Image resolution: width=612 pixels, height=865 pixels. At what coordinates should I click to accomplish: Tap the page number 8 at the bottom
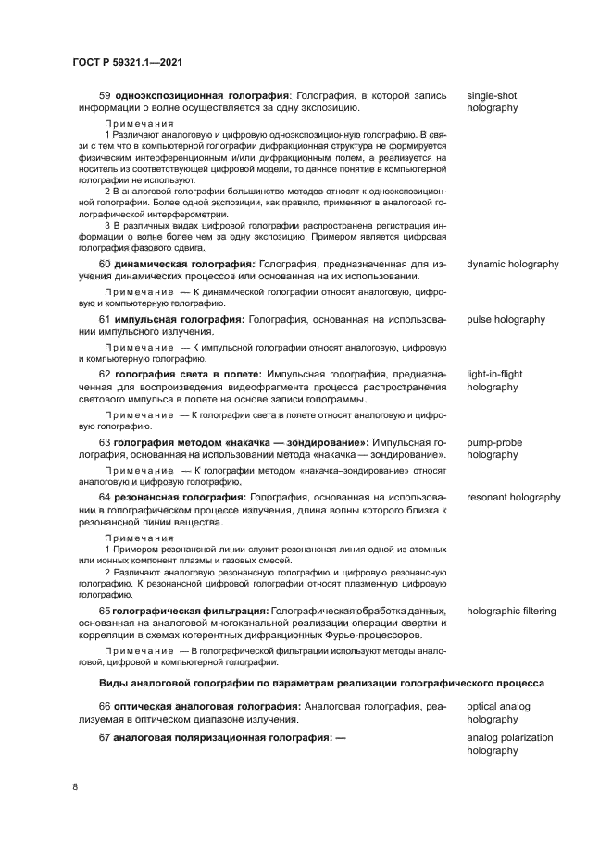75,785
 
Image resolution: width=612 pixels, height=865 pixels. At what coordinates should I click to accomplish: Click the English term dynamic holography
512,264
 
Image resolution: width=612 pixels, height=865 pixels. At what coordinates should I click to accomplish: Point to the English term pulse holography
506,319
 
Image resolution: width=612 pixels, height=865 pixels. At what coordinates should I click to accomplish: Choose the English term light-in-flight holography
494,380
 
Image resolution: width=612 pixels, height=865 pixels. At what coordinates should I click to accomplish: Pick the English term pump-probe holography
494,449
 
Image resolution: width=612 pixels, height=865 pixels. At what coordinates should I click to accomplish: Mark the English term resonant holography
513,497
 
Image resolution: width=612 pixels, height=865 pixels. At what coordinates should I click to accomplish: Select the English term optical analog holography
498,712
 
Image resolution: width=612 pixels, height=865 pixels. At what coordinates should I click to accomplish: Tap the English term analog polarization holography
509,744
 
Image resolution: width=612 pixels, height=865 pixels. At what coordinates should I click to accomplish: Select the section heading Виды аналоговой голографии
321,683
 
